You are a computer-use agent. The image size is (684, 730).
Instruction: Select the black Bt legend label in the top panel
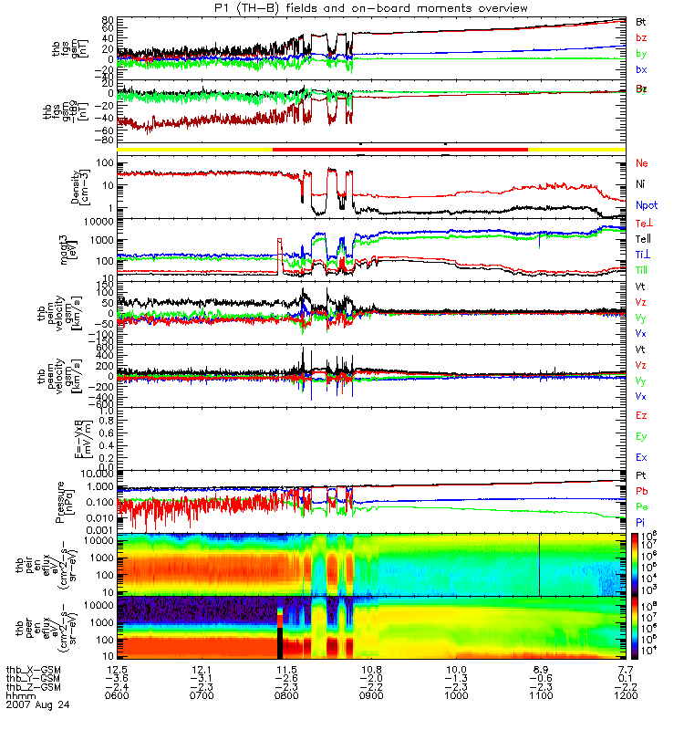640,20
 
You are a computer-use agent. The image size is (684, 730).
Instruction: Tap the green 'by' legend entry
640,54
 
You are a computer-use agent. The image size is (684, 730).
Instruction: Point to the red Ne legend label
641,163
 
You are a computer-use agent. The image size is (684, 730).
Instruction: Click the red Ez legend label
641,415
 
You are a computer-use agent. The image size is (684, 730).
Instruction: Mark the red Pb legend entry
641,492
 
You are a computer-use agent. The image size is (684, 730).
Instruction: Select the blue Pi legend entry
640,521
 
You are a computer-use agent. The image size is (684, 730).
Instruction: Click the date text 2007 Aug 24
37,705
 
